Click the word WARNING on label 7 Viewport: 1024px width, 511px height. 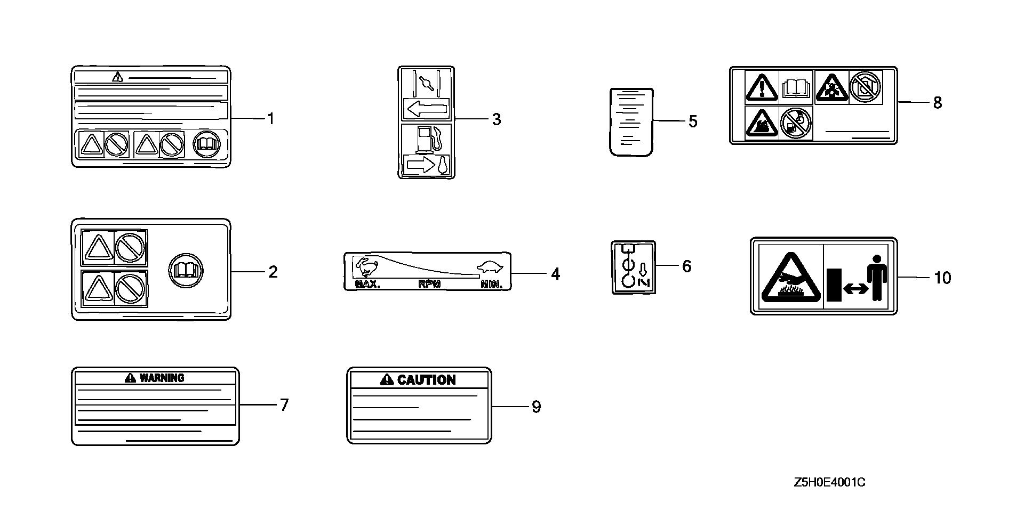pyautogui.click(x=162, y=378)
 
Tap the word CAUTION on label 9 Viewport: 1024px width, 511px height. pyautogui.click(x=426, y=380)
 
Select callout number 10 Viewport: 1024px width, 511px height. pyautogui.click(x=942, y=278)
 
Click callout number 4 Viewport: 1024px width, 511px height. pyautogui.click(x=555, y=274)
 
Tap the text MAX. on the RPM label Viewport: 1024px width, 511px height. pyautogui.click(x=367, y=285)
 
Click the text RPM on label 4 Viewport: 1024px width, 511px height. pyautogui.click(x=429, y=285)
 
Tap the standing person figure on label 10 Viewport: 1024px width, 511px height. pyautogui.click(x=876, y=277)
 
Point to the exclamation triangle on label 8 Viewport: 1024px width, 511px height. pyautogui.click(x=762, y=87)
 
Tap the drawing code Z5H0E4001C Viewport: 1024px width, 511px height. pyautogui.click(x=829, y=483)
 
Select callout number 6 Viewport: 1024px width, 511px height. pyautogui.click(x=686, y=266)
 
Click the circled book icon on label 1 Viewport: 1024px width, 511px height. pyautogui.click(x=206, y=144)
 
